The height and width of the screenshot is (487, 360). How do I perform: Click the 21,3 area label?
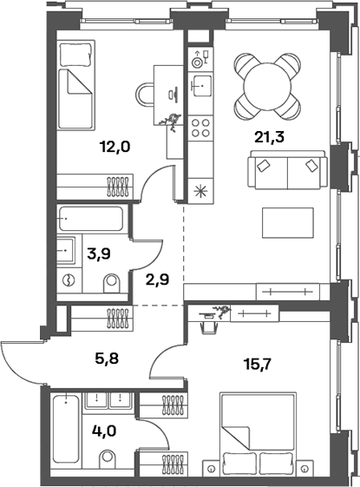269,137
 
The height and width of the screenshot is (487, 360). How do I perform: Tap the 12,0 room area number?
115,147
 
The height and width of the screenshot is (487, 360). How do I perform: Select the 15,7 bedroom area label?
259,364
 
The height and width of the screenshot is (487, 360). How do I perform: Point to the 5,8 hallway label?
107,359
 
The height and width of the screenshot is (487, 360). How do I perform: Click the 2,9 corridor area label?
157,280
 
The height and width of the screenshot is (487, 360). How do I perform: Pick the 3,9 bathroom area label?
99,254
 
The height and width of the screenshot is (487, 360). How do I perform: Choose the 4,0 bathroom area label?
104,431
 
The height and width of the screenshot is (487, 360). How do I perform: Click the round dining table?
267,87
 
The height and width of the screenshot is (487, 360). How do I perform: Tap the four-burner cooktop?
200,128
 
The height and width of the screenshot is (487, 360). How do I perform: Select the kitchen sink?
200,85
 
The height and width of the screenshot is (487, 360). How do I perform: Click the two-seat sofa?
287,170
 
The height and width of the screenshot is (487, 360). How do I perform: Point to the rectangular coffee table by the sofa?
288,223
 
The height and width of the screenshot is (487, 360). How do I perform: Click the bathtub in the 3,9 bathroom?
90,219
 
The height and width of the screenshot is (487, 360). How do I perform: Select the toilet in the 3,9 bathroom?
111,283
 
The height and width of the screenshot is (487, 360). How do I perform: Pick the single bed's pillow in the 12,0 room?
75,55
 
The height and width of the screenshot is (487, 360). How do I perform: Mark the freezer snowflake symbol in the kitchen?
200,191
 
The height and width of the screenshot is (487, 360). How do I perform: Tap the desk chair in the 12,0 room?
145,95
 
